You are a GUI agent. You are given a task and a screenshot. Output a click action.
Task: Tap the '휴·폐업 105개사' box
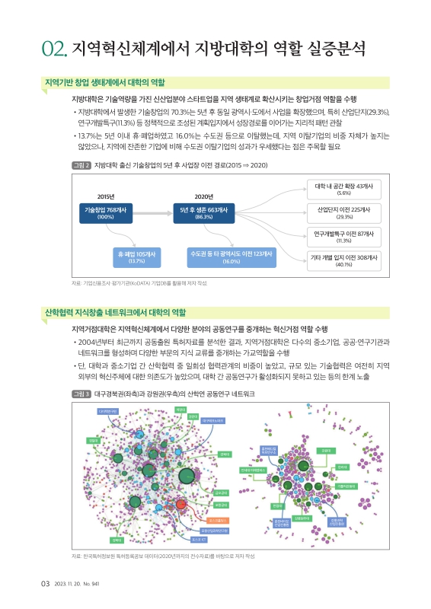click(x=136, y=257)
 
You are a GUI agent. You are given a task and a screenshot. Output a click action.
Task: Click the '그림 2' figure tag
click(x=80, y=164)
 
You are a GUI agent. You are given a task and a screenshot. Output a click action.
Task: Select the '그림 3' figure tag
click(x=80, y=394)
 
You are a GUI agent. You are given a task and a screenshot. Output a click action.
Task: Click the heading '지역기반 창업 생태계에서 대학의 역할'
click(x=106, y=82)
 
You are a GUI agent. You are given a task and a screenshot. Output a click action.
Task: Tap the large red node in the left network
click(x=180, y=505)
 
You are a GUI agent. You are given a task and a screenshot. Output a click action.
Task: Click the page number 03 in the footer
click(x=45, y=583)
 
